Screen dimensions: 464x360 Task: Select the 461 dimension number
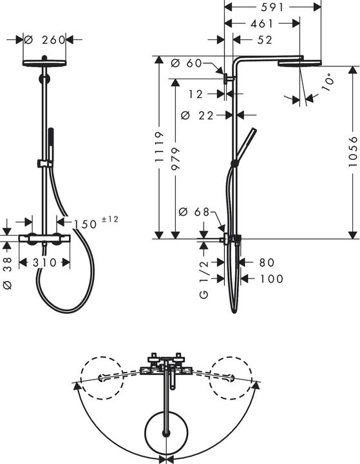pyautogui.click(x=261, y=23)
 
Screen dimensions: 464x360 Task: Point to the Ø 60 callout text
pyautogui.click(x=187, y=63)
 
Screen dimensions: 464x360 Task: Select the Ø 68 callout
pyautogui.click(x=193, y=212)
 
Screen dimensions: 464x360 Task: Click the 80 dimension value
pyautogui.click(x=266, y=262)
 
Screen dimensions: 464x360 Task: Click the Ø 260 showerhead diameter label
pyautogui.click(x=46, y=40)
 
